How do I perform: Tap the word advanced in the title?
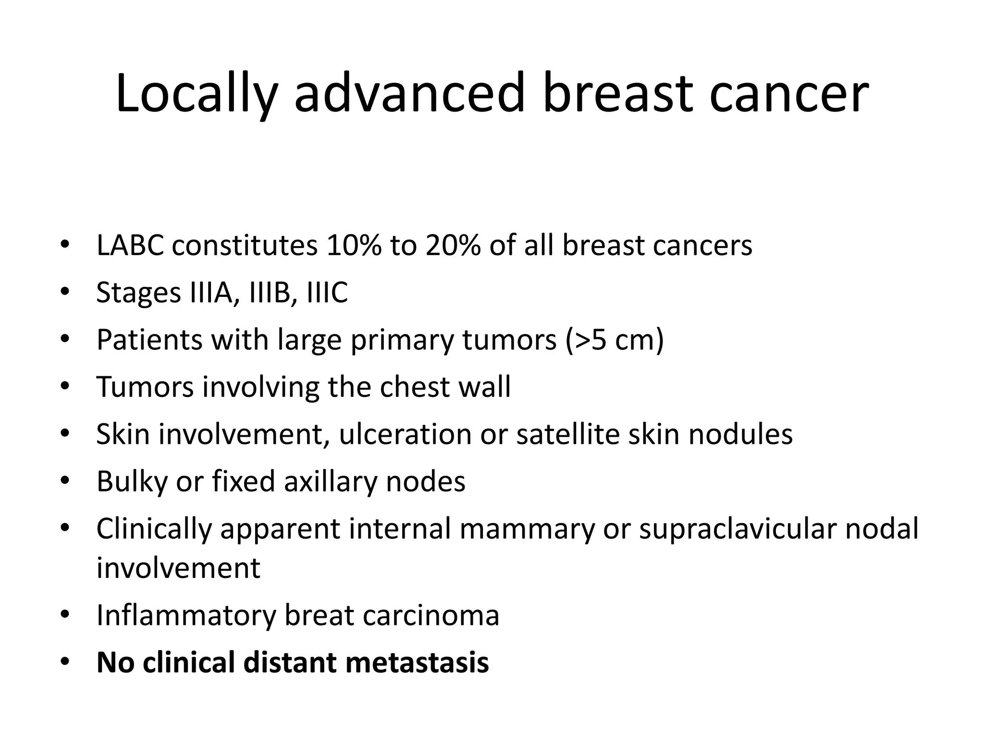[x=408, y=94]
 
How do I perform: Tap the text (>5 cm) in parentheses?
[x=615, y=340]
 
